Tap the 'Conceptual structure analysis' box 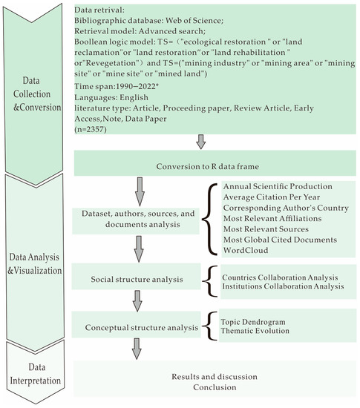(x=137, y=326)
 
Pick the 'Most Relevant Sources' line (x=271, y=229)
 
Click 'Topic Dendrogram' (x=253, y=321)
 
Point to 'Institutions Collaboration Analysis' (x=282, y=285)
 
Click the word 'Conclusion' (x=215, y=386)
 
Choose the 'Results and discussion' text (x=215, y=375)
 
